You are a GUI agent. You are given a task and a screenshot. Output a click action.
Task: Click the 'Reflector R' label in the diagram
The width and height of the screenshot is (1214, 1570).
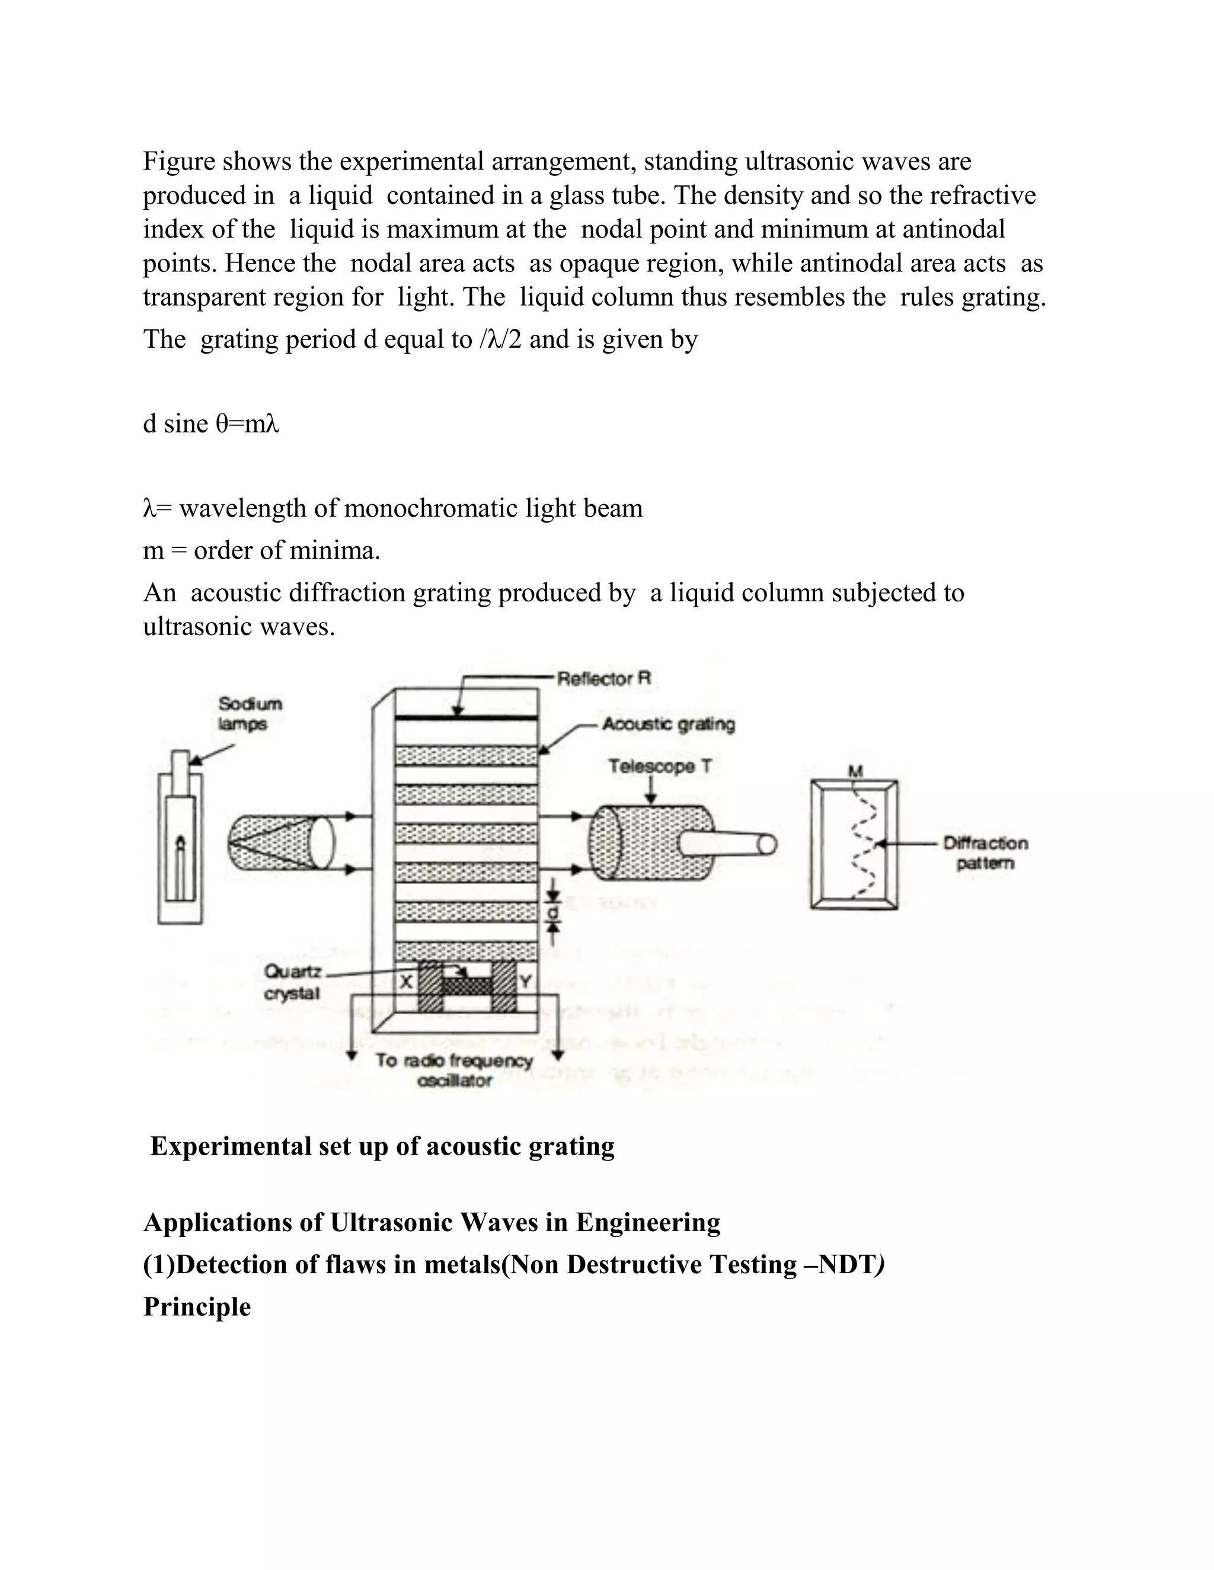603,678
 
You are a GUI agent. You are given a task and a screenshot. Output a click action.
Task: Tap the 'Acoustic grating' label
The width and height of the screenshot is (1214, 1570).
668,724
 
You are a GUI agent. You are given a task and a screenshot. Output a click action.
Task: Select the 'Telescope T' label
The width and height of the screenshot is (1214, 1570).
660,766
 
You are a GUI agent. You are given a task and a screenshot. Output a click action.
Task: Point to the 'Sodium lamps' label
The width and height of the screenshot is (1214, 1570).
250,713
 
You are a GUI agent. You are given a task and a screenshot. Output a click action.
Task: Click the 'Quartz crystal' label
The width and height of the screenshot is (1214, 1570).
292,982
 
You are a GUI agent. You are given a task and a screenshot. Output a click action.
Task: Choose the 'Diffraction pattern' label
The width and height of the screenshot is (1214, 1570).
985,853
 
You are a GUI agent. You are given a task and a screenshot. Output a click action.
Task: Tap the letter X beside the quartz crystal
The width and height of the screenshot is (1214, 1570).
406,981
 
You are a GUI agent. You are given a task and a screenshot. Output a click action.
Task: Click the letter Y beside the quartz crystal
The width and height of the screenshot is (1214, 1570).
525,981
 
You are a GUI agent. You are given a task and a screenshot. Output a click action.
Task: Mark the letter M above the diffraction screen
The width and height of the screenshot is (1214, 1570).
855,771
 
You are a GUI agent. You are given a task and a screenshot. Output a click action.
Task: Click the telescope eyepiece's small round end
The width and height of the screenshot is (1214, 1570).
768,844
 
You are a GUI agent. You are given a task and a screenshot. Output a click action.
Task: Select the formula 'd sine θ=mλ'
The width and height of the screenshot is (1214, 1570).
210,424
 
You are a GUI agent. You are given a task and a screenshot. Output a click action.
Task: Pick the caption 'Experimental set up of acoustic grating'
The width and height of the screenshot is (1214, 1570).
382,1146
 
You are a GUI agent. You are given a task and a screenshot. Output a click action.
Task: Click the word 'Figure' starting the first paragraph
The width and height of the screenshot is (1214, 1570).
179,161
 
